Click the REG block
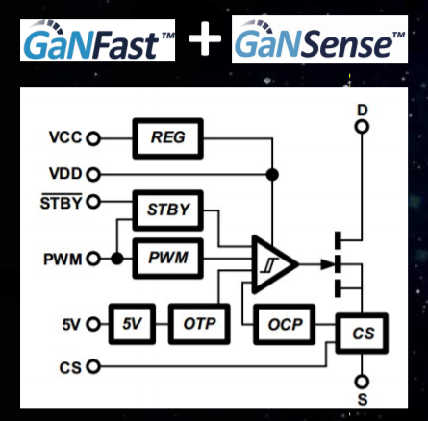tap(168, 138)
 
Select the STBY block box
tap(168, 210)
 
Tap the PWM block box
tap(168, 259)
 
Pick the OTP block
tap(199, 324)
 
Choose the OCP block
tap(285, 325)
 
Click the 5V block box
tap(132, 324)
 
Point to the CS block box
tap(362, 334)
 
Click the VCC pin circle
tap(93, 138)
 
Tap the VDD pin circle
tap(93, 175)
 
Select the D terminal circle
tap(362, 127)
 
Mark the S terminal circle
tap(362, 382)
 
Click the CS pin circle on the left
tap(93, 366)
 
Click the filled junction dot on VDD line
tap(272, 175)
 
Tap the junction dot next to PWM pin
tap(117, 259)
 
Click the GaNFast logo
tap(97, 39)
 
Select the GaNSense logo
tap(319, 39)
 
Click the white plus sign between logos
tap(205, 38)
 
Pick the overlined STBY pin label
tap(61, 202)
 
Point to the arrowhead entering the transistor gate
tap(328, 264)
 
